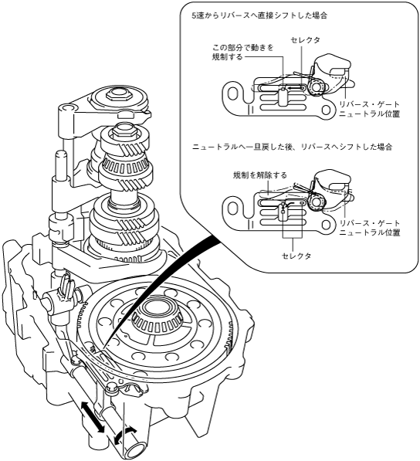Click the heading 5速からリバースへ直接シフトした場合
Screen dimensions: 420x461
coord(259,15)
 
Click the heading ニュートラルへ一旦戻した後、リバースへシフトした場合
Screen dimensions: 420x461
coord(292,147)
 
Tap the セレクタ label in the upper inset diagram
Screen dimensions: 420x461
coord(305,40)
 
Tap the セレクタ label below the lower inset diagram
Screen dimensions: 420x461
coord(296,256)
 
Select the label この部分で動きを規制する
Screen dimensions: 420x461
coord(242,52)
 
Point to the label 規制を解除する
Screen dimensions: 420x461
coord(260,175)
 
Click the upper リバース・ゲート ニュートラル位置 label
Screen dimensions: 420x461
coord(370,109)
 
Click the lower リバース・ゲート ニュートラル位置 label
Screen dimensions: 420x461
coord(370,228)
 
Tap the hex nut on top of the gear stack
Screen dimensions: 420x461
coord(118,94)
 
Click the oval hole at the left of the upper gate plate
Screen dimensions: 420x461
coord(232,94)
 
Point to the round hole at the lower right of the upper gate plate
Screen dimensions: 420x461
coord(326,110)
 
